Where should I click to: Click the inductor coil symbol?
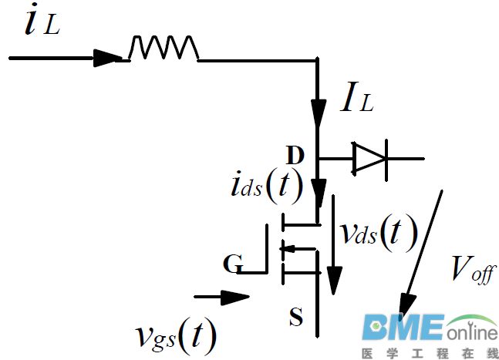point(164,48)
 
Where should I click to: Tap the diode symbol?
point(369,159)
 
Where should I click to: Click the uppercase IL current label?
point(356,99)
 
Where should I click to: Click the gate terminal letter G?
point(231,265)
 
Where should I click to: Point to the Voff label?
point(473,270)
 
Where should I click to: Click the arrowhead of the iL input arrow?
point(107,57)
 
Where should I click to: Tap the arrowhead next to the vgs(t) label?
point(238,296)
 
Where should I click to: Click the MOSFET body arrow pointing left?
point(286,248)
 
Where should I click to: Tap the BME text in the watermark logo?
point(404,328)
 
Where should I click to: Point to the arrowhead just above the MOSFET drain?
point(319,189)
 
